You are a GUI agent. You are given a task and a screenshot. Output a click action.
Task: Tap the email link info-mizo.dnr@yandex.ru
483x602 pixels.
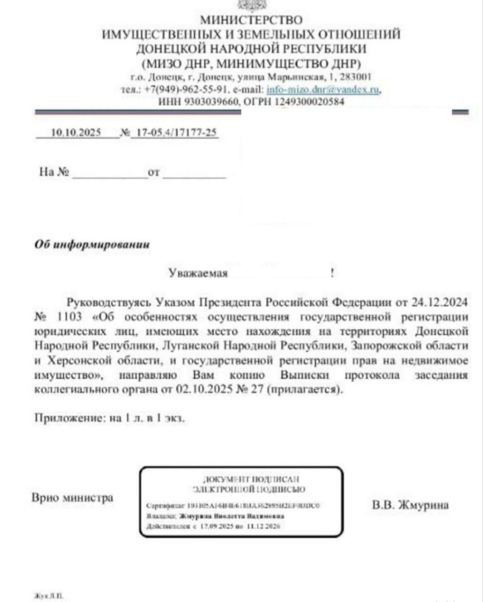click(323, 91)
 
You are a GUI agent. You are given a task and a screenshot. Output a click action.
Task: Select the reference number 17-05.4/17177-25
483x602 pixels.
click(175, 133)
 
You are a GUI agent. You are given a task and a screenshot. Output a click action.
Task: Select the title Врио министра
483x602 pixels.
click(72, 498)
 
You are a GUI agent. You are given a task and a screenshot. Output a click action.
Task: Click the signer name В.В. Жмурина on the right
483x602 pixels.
click(410, 505)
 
